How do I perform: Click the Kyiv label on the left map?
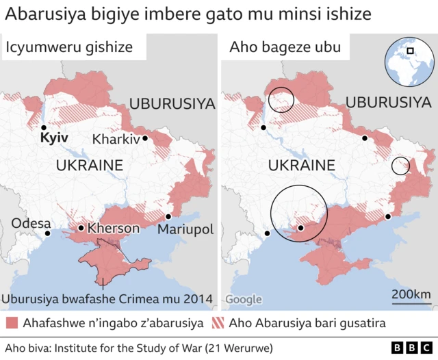(53, 138)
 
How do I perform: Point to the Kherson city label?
(113, 228)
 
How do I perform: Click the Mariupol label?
(185, 229)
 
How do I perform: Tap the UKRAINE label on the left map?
(89, 166)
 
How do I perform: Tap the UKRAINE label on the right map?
(301, 166)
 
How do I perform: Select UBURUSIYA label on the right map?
(388, 103)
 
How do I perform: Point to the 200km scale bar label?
(411, 294)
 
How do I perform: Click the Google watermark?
(244, 300)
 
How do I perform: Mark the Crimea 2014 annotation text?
(107, 298)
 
